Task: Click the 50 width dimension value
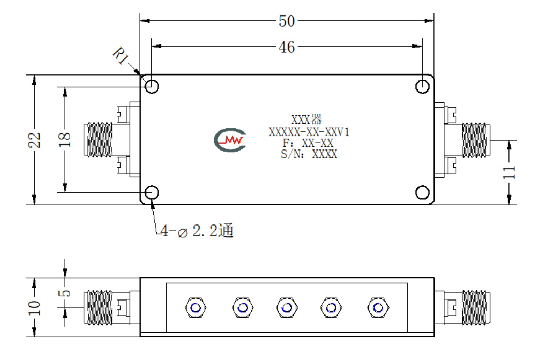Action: [x=287, y=21]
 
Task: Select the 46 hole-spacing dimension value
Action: [x=287, y=47]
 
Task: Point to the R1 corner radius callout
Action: [x=121, y=55]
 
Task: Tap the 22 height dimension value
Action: [x=34, y=140]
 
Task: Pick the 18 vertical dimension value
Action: [x=65, y=140]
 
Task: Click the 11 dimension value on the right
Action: [x=509, y=172]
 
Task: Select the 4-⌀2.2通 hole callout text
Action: [x=197, y=231]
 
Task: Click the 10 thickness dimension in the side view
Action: [x=34, y=307]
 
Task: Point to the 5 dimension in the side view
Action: [x=65, y=293]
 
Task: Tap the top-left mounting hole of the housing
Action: [x=152, y=86]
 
